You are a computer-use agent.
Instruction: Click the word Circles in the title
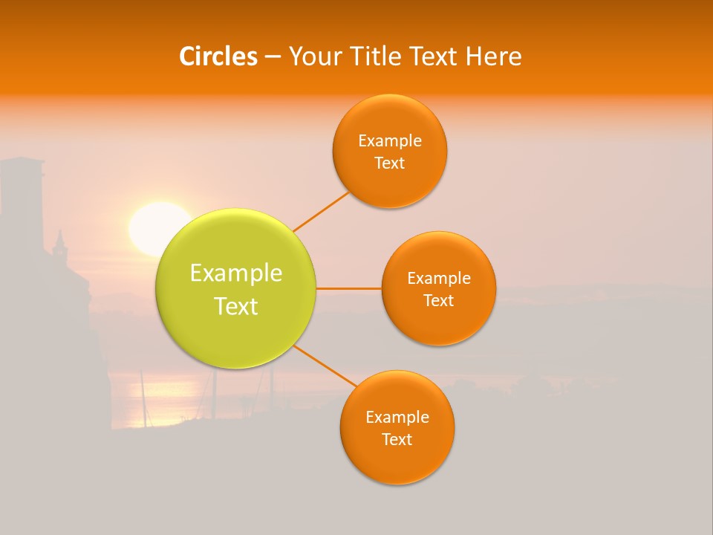[x=218, y=56]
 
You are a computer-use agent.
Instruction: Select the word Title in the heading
[x=380, y=56]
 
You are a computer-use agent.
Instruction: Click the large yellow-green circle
[x=236, y=327]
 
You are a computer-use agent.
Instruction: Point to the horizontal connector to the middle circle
[x=348, y=288]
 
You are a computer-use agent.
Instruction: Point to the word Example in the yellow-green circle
[x=236, y=273]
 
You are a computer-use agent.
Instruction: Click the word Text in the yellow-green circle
[x=236, y=306]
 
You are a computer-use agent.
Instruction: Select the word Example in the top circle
[x=389, y=140]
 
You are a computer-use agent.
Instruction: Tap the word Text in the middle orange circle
[x=438, y=300]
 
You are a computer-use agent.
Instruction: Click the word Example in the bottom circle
[x=397, y=417]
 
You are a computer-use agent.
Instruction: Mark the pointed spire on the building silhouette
[x=60, y=239]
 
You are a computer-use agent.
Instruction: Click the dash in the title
[x=272, y=57]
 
